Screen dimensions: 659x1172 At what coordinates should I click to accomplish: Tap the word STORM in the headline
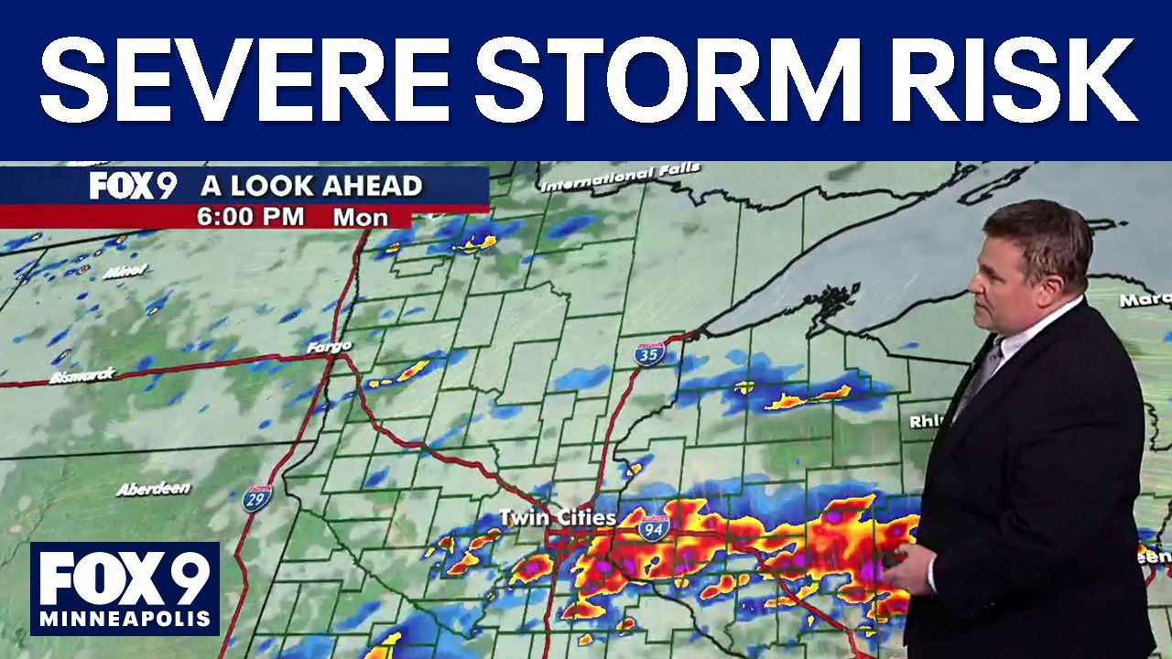pos(673,81)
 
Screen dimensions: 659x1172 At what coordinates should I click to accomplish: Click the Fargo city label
pos(329,346)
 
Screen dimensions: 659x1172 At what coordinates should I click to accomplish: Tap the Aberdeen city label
pos(153,489)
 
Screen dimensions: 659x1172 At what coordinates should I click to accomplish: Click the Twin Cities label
pos(558,518)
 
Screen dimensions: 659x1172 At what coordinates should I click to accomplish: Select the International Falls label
pos(620,178)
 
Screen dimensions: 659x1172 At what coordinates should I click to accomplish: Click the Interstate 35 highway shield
pos(648,352)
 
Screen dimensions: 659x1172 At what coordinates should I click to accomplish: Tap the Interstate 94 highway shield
pos(654,526)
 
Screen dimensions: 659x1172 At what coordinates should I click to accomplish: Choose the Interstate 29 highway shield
pos(257,498)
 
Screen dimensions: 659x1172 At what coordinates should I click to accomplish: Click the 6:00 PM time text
pos(252,217)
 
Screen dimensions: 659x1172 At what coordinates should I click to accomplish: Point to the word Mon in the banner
pos(360,217)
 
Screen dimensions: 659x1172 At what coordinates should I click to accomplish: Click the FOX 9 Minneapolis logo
pos(125,589)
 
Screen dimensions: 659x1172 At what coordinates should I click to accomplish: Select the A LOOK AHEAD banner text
pos(311,186)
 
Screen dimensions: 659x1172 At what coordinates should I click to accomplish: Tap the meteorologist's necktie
pos(978,375)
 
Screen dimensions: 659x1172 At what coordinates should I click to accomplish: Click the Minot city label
pos(125,272)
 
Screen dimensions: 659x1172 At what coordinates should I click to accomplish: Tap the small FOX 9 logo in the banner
pos(132,186)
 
